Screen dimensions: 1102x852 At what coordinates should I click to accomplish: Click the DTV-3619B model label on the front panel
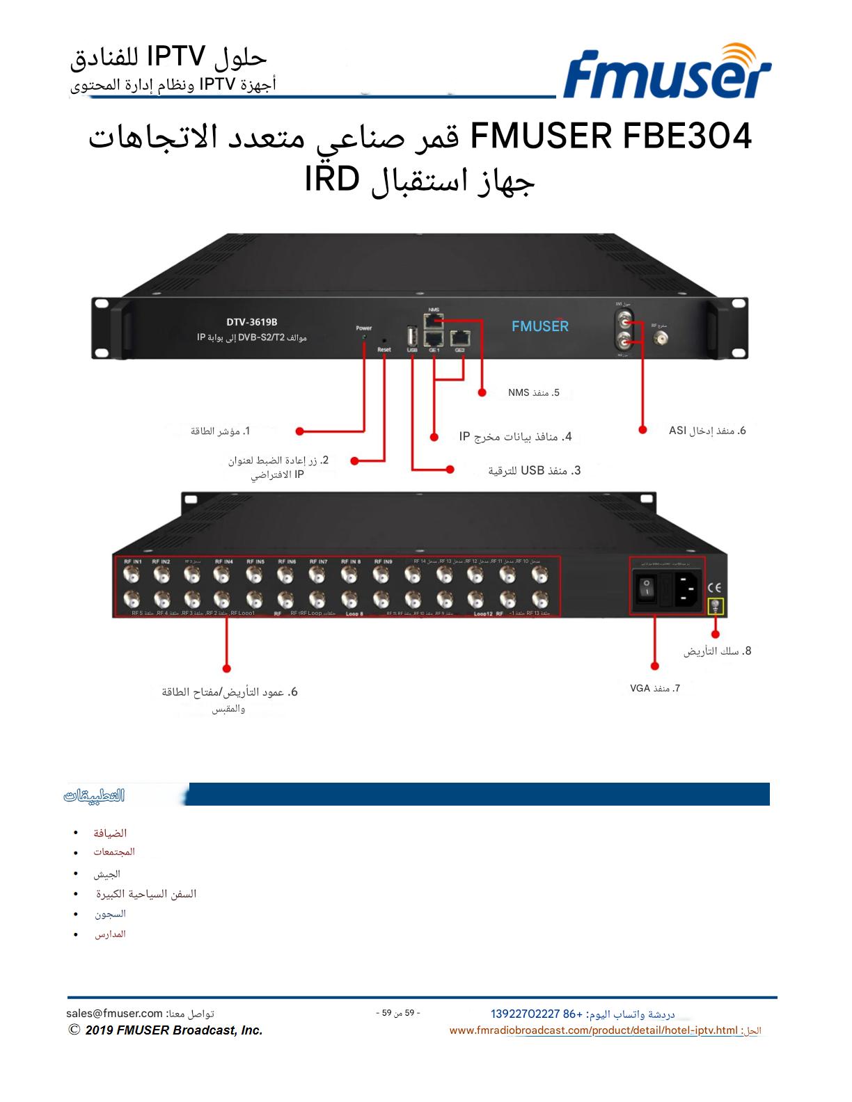pos(252,321)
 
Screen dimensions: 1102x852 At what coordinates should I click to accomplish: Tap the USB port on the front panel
pos(411,335)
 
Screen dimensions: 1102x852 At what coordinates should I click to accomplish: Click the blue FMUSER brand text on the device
pos(539,326)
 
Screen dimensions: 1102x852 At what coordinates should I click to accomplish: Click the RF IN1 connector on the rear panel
pos(131,575)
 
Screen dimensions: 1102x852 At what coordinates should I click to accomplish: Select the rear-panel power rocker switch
pos(646,589)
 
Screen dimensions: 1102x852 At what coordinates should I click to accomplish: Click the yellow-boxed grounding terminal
pos(716,607)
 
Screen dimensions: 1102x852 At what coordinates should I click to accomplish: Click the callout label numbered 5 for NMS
pos(534,393)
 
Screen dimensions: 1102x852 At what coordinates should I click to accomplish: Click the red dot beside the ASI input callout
pos(642,430)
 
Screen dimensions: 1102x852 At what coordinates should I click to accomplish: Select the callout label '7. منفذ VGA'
pos(654,688)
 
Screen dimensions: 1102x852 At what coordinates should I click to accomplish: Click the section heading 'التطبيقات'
pos(94,795)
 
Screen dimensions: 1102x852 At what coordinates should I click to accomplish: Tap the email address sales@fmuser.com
pos(114,1014)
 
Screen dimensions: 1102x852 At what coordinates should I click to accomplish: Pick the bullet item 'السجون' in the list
pos(110,913)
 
